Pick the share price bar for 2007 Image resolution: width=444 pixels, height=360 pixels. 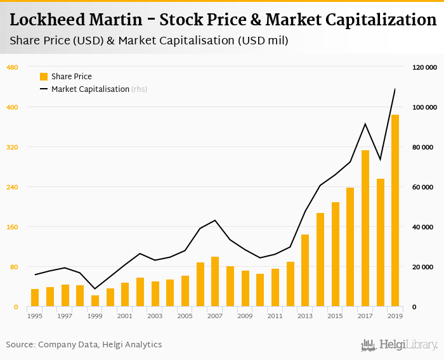coord(215,281)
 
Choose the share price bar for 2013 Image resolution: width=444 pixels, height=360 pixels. coord(305,271)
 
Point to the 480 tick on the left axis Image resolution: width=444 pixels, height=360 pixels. coord(12,67)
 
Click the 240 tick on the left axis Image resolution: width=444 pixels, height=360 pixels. coord(12,187)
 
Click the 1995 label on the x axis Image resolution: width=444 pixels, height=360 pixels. coord(35,316)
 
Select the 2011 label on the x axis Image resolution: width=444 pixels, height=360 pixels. coord(275,316)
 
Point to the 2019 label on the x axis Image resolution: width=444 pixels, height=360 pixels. coord(395,316)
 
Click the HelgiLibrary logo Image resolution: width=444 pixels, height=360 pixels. coord(399,345)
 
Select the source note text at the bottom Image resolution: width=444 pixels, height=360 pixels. coord(84,345)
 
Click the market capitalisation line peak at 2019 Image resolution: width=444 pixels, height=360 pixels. coord(395,89)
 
